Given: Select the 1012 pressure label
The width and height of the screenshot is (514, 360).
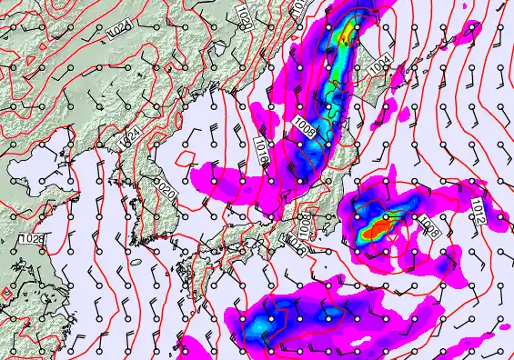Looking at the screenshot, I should (x=476, y=212).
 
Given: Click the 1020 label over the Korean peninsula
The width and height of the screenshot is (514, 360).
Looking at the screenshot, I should (x=166, y=190).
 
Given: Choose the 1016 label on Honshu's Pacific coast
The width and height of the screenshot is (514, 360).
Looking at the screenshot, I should (x=293, y=242).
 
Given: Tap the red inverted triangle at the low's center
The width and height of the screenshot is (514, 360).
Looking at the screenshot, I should (x=389, y=237).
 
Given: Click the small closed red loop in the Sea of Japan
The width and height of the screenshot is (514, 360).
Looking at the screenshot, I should (x=186, y=160).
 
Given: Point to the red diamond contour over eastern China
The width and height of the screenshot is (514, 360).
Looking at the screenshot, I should (x=7, y=294).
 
